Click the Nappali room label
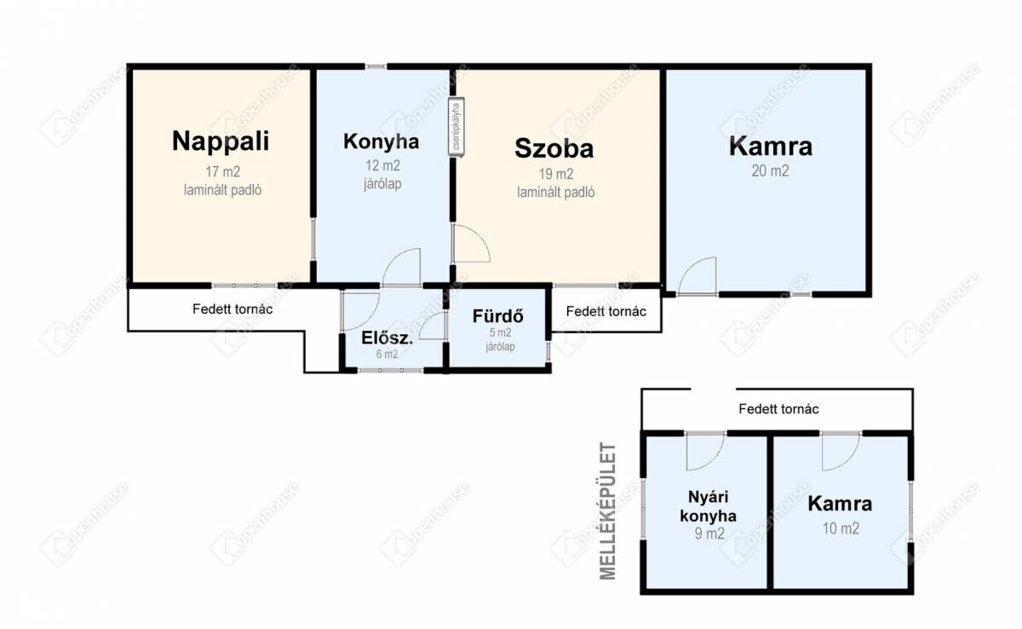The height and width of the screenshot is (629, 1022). [x=221, y=141]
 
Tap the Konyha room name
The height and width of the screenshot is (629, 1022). [x=382, y=141]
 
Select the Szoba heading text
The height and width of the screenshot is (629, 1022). [x=554, y=148]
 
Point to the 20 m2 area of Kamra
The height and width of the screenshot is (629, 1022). [x=770, y=170]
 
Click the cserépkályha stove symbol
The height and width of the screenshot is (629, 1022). [x=456, y=127]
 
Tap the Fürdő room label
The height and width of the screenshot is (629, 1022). [x=497, y=316]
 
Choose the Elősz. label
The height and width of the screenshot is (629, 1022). [x=387, y=338]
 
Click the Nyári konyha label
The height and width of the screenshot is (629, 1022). [x=708, y=506]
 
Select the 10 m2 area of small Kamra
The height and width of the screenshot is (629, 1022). [x=841, y=528]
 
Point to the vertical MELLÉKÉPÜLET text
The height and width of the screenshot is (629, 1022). [x=608, y=511]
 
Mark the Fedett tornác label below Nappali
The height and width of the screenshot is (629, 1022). [x=233, y=309]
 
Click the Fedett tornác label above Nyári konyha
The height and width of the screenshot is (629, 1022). [x=778, y=409]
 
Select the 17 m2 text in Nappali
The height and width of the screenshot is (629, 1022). [x=222, y=171]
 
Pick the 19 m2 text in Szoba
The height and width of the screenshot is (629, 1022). [x=555, y=174]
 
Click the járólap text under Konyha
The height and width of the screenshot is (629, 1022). [x=382, y=184]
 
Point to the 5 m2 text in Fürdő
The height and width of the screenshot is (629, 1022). [x=500, y=332]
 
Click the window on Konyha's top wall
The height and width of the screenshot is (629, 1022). [x=376, y=66]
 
